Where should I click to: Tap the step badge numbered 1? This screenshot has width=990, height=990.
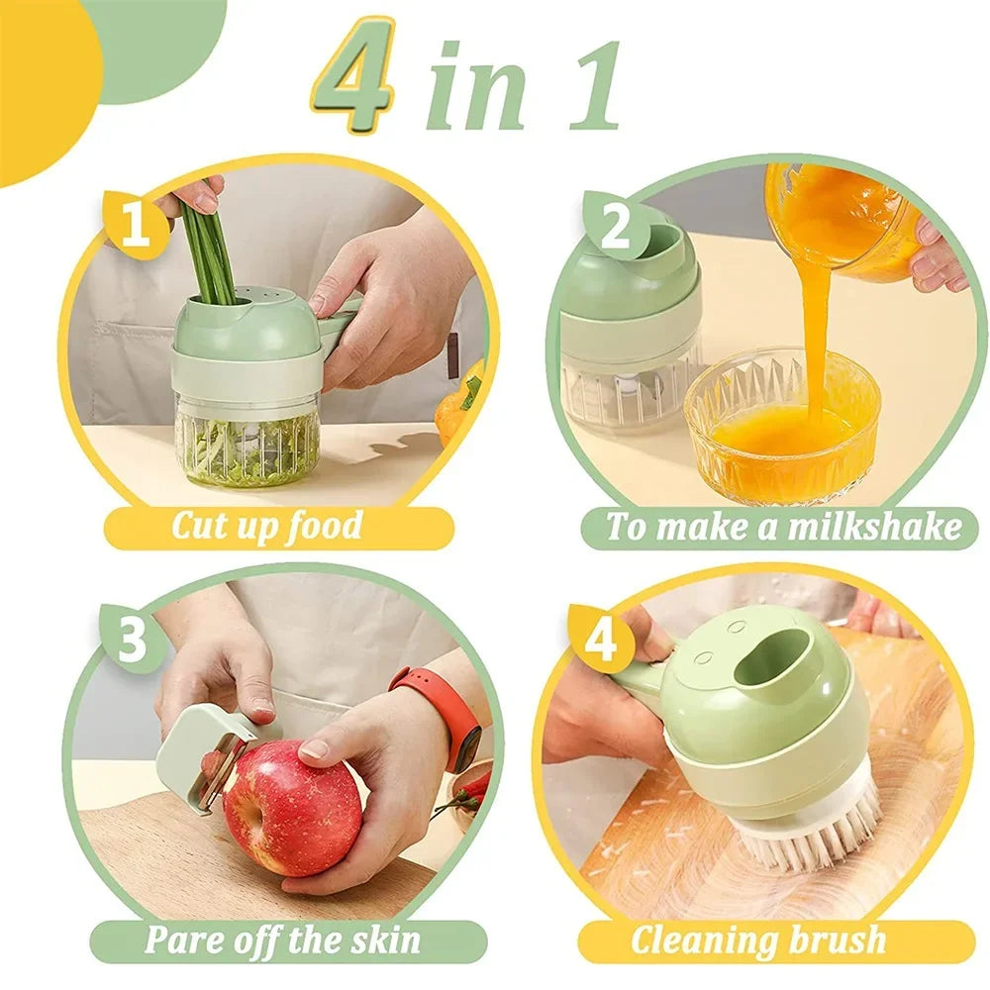(136, 226)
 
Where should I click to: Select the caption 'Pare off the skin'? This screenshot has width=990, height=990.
(283, 940)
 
